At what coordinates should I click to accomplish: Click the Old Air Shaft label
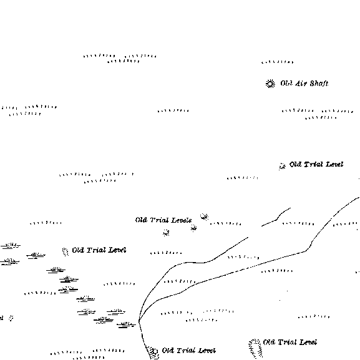click(304, 84)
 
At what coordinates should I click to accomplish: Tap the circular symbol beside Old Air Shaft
click(270, 84)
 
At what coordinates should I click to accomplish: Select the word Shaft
click(319, 84)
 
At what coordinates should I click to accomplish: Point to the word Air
click(301, 84)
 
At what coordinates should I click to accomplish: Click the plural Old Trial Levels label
click(163, 220)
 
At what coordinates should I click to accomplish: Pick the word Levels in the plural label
click(182, 220)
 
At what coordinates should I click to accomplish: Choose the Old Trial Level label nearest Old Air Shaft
click(316, 164)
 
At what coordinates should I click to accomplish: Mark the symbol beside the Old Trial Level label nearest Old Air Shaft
click(282, 166)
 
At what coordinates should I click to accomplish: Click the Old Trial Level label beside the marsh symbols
click(99, 250)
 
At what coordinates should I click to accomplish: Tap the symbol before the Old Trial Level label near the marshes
click(66, 252)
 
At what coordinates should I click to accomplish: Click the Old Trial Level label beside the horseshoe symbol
click(290, 343)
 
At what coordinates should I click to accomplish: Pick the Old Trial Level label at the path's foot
click(188, 351)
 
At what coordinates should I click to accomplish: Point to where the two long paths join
click(139, 321)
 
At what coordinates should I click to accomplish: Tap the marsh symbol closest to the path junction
click(126, 324)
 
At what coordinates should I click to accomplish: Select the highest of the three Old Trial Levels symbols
click(204, 216)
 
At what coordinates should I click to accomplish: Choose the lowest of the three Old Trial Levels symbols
click(166, 233)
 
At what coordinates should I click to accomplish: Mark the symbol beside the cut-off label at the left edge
click(11, 318)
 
